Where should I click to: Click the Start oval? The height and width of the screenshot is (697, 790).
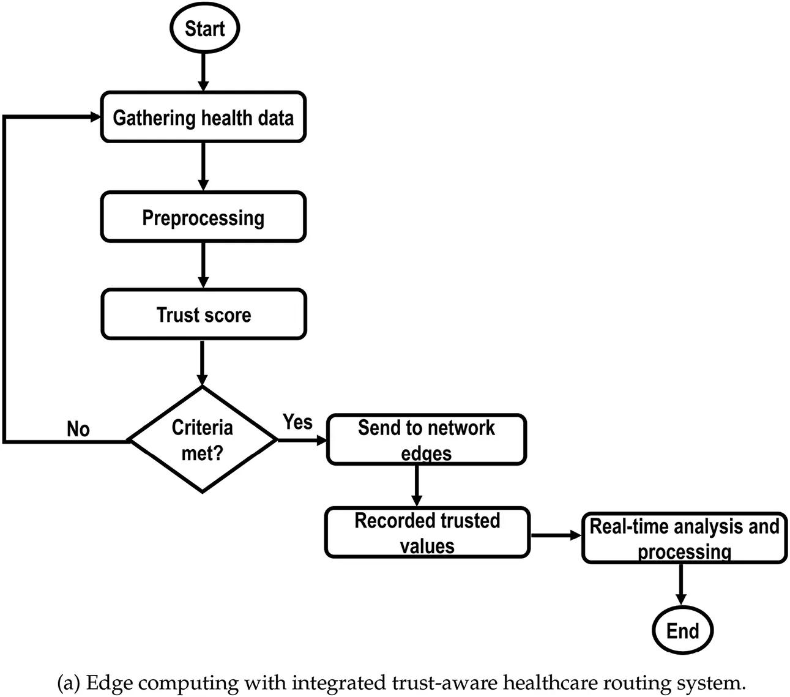pyautogui.click(x=204, y=29)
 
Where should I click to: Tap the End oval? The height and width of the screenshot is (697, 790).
pyautogui.click(x=682, y=630)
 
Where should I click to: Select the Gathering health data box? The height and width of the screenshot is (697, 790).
pyautogui.click(x=203, y=117)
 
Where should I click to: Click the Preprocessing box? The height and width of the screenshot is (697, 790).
pyautogui.click(x=203, y=217)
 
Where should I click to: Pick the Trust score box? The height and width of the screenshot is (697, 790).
pyautogui.click(x=203, y=315)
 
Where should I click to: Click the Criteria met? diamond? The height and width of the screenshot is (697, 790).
pyautogui.click(x=202, y=439)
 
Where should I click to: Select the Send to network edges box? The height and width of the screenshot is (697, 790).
pyautogui.click(x=426, y=440)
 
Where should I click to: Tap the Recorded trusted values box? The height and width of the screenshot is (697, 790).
pyautogui.click(x=427, y=532)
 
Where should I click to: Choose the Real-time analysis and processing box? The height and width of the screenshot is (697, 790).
pyautogui.click(x=684, y=539)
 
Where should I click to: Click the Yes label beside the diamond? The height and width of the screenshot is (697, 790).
pyautogui.click(x=297, y=422)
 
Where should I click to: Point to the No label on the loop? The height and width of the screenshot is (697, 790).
pyautogui.click(x=78, y=430)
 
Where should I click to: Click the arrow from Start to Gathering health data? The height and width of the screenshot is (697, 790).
pyautogui.click(x=204, y=72)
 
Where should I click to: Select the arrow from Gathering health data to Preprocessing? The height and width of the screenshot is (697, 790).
pyautogui.click(x=204, y=167)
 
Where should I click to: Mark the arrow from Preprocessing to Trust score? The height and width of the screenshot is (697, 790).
pyautogui.click(x=204, y=266)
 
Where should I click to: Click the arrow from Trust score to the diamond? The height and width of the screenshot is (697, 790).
pyautogui.click(x=202, y=362)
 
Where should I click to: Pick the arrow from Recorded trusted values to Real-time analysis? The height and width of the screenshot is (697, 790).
pyautogui.click(x=556, y=535)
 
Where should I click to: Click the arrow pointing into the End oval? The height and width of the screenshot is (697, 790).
pyautogui.click(x=680, y=584)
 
